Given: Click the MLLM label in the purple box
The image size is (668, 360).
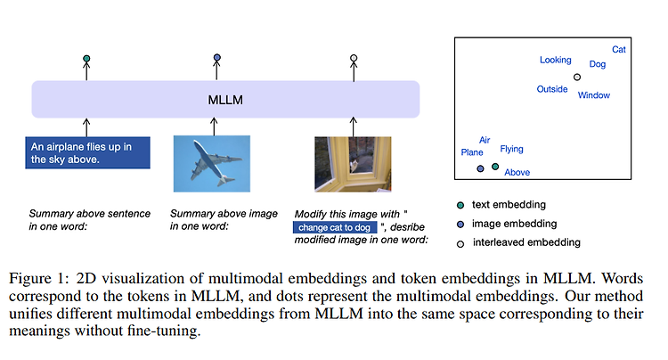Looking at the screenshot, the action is [225, 100].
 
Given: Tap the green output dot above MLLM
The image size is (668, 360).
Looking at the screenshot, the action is [86, 59].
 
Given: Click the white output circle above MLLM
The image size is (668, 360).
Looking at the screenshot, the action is [354, 58].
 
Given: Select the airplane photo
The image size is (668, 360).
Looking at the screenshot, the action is [212, 164].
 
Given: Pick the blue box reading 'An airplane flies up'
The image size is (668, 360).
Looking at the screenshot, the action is [88, 153].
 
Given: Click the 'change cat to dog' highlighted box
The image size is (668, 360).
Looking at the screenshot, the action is [335, 227].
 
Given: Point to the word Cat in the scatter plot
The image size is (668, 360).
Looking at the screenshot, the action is [619, 49].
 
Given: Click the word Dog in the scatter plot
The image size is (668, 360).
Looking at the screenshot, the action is [598, 64].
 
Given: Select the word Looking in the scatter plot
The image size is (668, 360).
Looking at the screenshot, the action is [556, 60].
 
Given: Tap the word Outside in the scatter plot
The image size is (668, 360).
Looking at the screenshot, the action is [552, 89].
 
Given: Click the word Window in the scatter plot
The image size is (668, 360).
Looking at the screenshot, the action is [594, 95].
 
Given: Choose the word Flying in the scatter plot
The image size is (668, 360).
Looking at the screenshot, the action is [511, 149].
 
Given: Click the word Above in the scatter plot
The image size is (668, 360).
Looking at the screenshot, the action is [517, 172].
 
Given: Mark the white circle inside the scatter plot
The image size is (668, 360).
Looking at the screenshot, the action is [577, 78].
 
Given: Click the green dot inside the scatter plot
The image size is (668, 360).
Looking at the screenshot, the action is [495, 167].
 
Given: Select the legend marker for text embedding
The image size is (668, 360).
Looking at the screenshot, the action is [460, 205].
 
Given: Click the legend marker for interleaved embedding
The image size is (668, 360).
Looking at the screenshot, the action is [460, 244].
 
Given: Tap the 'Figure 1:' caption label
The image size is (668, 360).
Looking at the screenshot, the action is [39, 279].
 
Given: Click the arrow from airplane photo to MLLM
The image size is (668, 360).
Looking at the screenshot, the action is [214, 127].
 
